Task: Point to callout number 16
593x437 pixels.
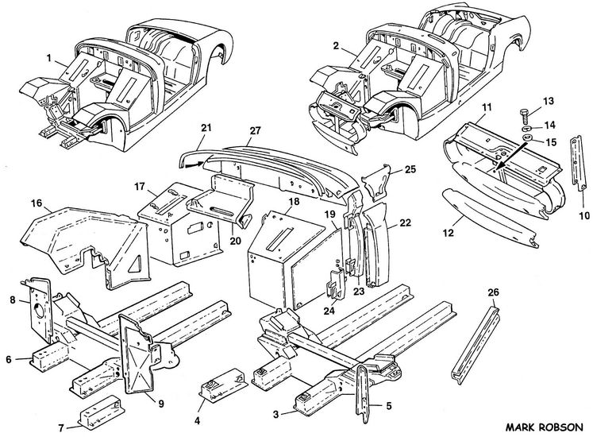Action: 36,204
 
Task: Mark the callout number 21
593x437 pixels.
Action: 206,128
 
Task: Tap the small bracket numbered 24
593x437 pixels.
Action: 333,286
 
